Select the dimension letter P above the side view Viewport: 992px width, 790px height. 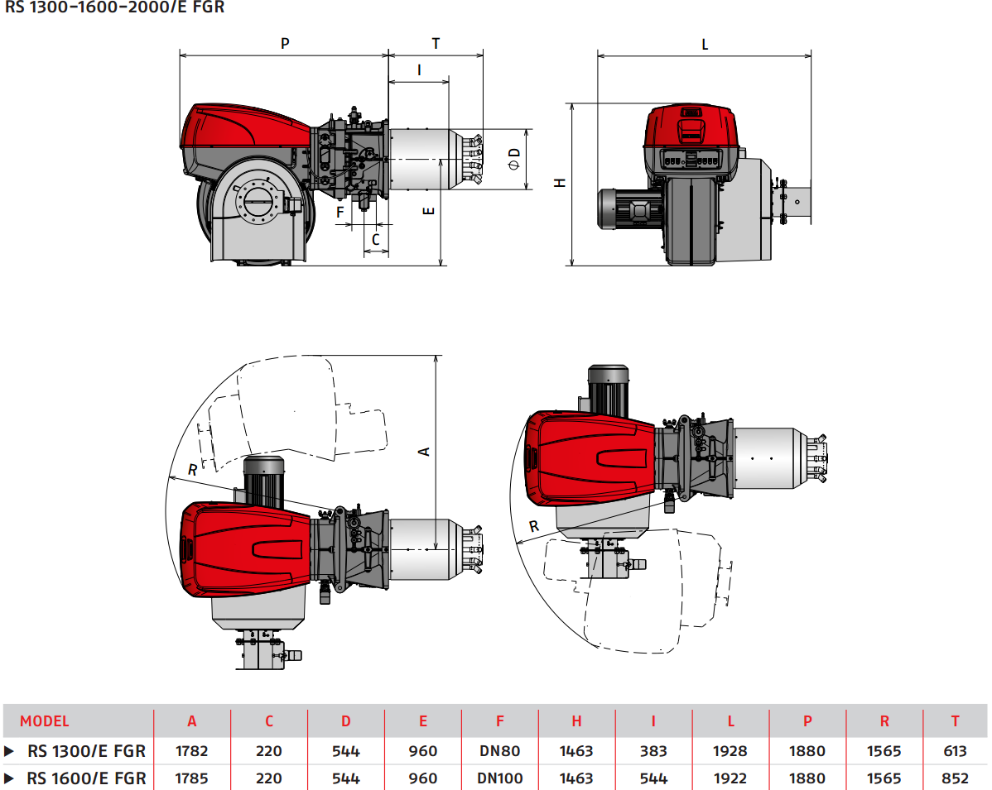point(285,44)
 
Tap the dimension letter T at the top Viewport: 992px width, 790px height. point(436,44)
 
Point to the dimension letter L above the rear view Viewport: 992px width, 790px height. point(705,45)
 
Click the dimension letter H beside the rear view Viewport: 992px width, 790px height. point(561,183)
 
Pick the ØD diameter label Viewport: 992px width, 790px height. point(514,158)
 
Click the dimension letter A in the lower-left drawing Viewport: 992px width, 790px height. point(423,452)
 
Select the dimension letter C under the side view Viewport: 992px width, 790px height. point(376,239)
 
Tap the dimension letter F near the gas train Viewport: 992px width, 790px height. point(339,212)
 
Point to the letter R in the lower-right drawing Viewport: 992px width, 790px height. point(534,525)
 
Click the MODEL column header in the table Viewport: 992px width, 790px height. point(45,721)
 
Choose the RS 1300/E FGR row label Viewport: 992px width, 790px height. point(86,751)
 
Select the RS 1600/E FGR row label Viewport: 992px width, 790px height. point(86,778)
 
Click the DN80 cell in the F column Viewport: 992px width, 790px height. point(499,751)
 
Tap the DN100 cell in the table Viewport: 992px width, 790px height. point(499,778)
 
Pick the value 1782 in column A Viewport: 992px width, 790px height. point(192,751)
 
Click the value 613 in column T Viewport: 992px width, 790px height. point(955,751)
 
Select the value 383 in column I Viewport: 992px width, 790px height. point(653,751)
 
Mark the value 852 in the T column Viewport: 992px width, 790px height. point(955,778)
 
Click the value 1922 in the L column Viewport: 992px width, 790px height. point(730,778)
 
